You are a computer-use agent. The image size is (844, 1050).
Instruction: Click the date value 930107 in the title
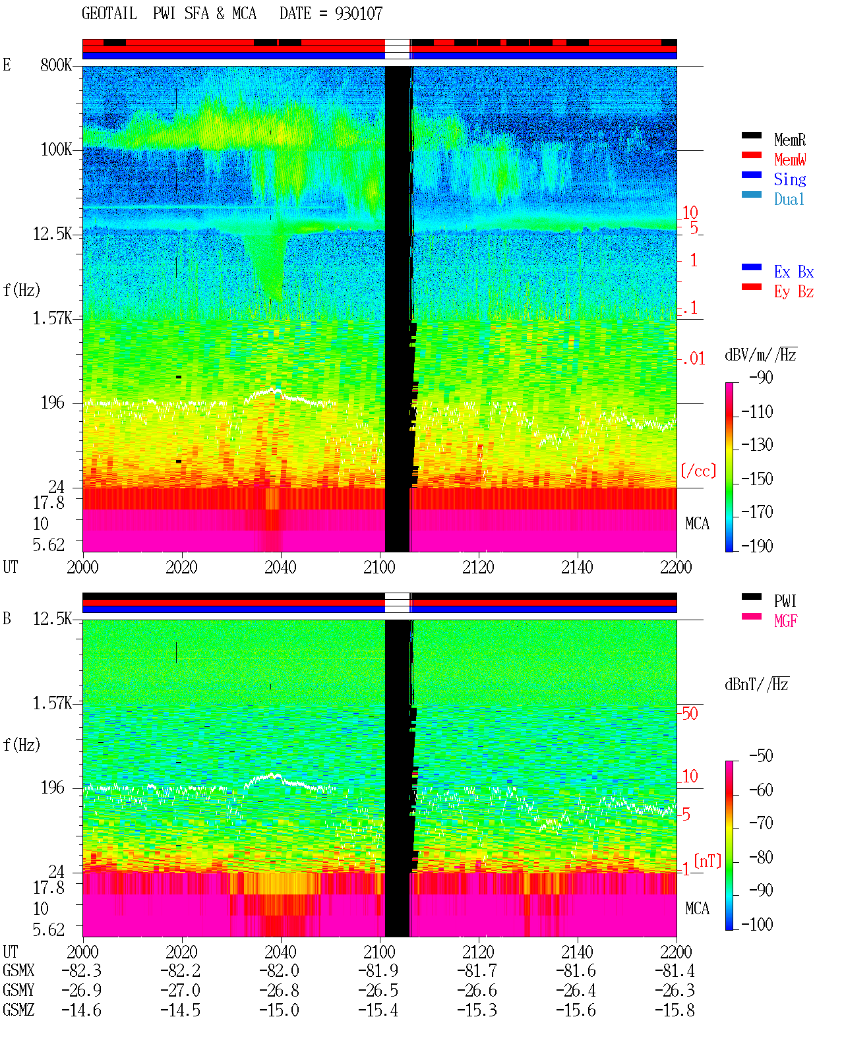[358, 14]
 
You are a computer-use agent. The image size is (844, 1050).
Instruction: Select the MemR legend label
[789, 140]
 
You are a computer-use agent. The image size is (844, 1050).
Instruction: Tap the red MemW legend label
[789, 160]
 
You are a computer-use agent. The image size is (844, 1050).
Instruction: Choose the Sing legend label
[789, 179]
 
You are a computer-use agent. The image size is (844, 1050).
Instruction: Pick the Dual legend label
[789, 199]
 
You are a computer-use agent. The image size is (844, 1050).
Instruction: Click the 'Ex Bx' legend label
[793, 272]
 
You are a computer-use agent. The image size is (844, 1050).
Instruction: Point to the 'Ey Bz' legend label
[793, 292]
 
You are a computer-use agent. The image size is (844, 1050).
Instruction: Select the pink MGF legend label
[785, 621]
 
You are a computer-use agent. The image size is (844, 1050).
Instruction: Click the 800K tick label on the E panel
[55, 65]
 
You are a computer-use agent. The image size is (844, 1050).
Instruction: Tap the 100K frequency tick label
[56, 150]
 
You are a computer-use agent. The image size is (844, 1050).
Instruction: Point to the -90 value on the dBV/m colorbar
[761, 377]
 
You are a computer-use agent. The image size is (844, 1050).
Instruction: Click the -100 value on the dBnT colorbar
[757, 923]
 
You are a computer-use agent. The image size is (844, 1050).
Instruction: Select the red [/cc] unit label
[698, 471]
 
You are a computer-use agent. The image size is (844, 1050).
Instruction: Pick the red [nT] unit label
[708, 860]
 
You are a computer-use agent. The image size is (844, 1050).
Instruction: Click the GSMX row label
[18, 970]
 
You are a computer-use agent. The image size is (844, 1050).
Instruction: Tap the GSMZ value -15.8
[675, 1010]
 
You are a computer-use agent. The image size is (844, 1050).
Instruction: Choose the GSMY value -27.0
[180, 990]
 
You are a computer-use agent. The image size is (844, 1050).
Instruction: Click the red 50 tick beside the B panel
[690, 713]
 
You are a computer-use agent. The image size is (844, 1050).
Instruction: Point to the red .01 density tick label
[694, 359]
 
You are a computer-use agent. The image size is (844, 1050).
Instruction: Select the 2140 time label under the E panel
[577, 567]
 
